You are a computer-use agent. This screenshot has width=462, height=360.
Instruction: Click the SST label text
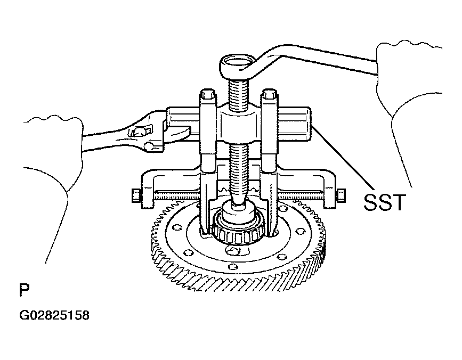(385, 202)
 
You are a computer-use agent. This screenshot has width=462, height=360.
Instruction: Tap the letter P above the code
(24, 290)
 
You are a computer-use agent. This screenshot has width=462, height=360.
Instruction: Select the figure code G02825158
(54, 315)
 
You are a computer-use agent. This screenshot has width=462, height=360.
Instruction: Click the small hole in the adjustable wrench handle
(149, 145)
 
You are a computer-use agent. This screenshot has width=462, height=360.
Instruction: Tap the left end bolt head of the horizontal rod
(136, 196)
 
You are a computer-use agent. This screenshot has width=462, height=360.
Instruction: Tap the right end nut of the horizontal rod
(341, 196)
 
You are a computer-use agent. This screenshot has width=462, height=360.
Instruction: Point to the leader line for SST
(343, 158)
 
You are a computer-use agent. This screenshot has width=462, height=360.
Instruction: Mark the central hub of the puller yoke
(238, 125)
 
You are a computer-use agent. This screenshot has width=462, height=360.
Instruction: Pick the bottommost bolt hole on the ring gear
(233, 267)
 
